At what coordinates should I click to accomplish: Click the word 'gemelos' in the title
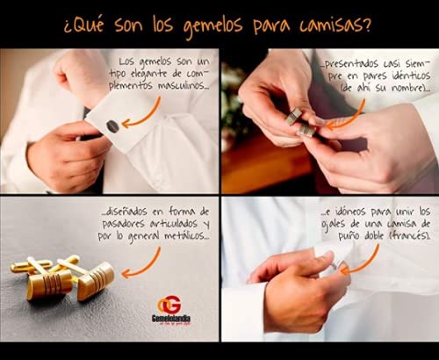213,25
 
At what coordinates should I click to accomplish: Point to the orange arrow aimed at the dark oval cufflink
143,114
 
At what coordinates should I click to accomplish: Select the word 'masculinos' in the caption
183,86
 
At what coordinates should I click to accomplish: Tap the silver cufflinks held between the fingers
301,122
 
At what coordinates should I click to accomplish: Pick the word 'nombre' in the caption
407,88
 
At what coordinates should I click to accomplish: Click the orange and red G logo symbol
169,305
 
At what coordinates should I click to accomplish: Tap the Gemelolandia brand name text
171,318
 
